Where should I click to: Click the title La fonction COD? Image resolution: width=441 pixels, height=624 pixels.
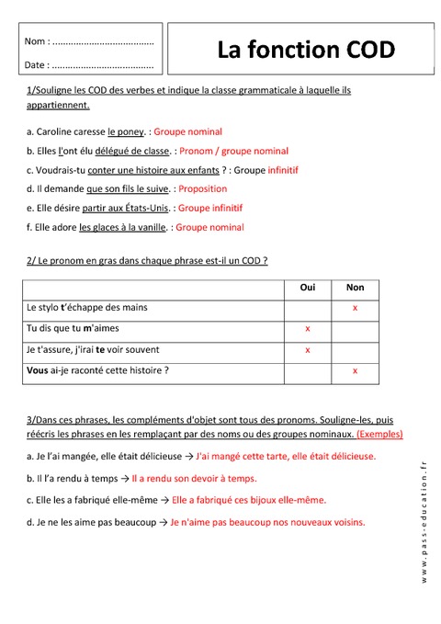(306, 49)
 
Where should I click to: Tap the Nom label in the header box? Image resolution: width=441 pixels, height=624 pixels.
(36, 42)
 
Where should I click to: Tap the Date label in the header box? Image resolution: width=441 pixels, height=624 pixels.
(37, 65)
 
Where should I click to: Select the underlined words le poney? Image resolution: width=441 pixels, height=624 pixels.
(126, 131)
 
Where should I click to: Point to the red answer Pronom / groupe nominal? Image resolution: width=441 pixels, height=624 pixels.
(233, 151)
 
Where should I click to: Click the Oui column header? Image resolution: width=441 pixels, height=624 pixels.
(308, 288)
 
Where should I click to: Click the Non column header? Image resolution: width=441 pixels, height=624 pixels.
(355, 288)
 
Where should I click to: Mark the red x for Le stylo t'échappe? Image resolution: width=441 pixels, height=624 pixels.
(355, 307)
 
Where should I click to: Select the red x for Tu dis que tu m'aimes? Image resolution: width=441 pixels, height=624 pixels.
(308, 328)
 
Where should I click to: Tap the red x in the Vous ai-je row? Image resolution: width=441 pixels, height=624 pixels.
(355, 370)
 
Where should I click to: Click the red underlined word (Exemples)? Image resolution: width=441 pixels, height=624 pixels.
(379, 434)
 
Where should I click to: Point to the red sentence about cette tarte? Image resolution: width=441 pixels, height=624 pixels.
(286, 456)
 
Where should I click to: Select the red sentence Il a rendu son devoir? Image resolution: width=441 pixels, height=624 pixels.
(194, 479)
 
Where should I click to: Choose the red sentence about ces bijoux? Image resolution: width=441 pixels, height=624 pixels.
(248, 501)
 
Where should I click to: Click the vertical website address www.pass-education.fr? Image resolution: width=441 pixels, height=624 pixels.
(424, 521)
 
